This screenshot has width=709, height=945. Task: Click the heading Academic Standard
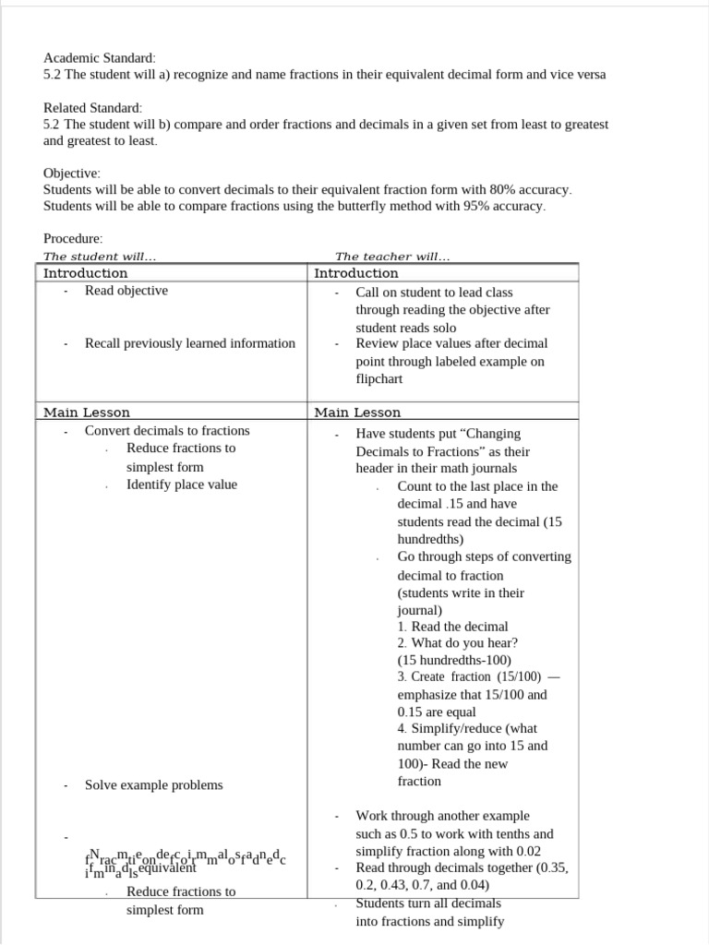(100, 56)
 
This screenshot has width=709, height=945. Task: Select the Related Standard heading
(93, 108)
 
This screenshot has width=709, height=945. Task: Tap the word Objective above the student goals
(72, 173)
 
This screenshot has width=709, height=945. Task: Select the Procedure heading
(73, 238)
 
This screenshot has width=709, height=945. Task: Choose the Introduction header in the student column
(86, 273)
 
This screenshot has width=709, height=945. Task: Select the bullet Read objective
(126, 291)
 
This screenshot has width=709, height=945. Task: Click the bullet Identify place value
(182, 484)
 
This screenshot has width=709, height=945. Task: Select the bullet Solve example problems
(154, 785)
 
